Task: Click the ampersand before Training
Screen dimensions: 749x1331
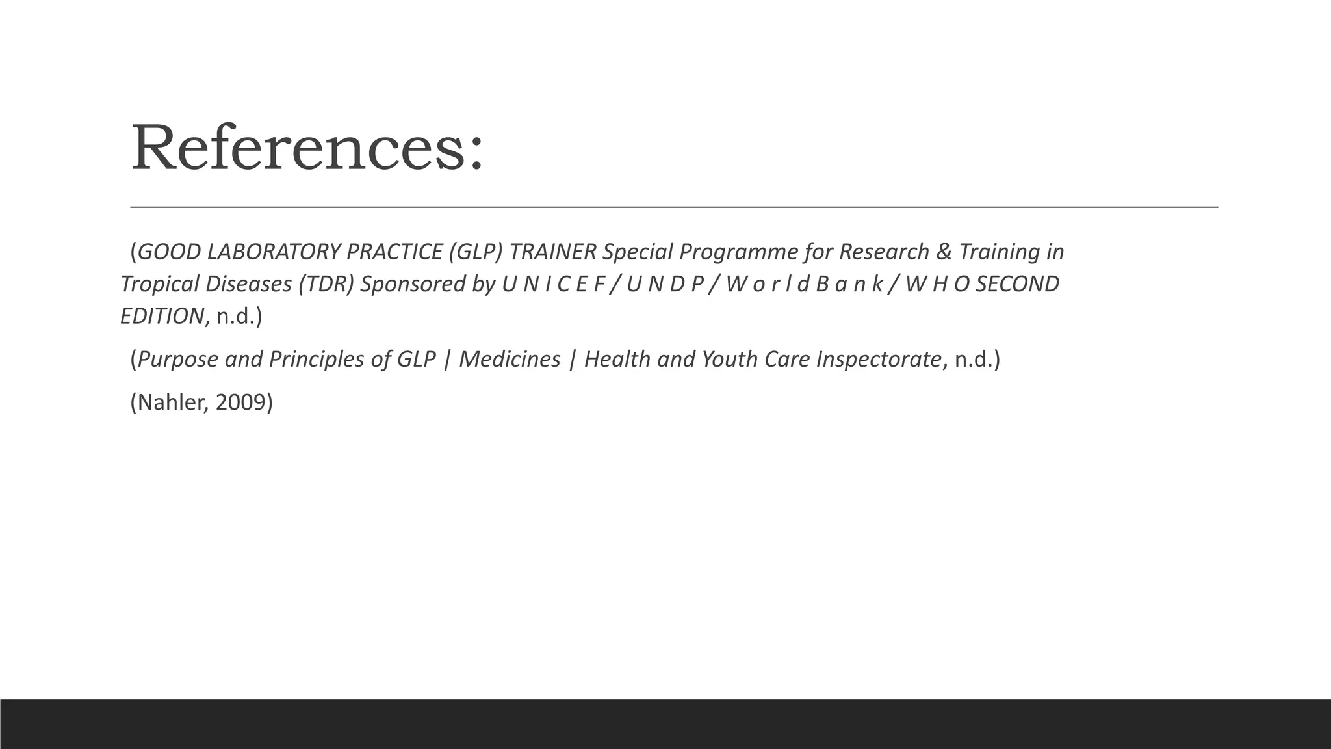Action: (944, 252)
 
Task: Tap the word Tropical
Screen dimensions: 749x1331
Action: (159, 284)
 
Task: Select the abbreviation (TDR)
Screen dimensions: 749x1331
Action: (326, 284)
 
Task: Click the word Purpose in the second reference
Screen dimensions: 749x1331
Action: (178, 360)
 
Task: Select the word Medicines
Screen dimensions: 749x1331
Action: (510, 360)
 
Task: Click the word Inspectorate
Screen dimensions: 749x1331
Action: (878, 360)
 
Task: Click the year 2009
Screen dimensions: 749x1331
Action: (240, 403)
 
